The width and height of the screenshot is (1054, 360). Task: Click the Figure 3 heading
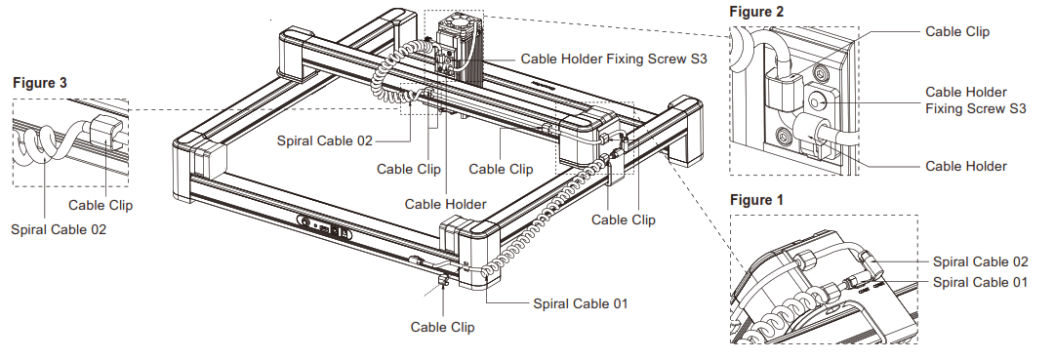[40, 83]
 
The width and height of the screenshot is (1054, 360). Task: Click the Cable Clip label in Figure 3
[101, 206]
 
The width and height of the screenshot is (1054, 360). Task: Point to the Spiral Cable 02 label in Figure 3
[60, 230]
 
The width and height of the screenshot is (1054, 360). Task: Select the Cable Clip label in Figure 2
[956, 31]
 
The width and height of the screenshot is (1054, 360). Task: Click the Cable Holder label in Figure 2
[965, 167]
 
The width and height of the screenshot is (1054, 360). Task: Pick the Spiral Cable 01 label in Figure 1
[980, 282]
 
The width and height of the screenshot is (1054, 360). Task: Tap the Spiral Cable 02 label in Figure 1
[980, 261]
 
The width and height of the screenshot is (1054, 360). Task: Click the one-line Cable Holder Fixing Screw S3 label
[612, 59]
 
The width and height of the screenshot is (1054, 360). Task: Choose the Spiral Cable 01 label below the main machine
[580, 303]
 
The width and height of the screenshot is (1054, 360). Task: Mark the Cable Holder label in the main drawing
[445, 204]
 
